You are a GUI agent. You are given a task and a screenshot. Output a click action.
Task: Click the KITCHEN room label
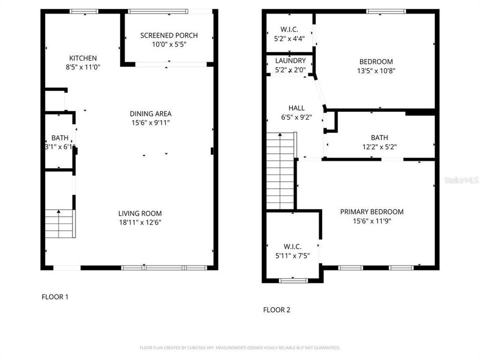tap(83, 58)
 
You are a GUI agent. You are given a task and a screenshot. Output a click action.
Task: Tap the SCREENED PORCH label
tap(168, 35)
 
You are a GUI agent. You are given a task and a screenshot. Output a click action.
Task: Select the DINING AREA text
tap(150, 113)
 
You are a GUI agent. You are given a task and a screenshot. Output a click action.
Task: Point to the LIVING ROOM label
tap(139, 213)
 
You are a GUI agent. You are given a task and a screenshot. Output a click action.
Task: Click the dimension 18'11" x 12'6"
tap(139, 222)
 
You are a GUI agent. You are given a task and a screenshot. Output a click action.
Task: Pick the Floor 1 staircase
tap(59, 224)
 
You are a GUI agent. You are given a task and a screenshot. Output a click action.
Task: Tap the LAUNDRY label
tap(290, 61)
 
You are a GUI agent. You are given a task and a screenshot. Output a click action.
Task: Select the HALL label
tap(296, 108)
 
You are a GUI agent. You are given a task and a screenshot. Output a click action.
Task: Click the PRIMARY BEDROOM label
tap(371, 211)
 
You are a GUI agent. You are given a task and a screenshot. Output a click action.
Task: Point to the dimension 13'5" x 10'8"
tap(376, 70)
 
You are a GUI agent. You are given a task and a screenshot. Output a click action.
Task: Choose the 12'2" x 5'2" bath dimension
tap(379, 146)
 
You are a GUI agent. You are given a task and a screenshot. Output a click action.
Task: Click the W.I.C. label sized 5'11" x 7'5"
tap(292, 246)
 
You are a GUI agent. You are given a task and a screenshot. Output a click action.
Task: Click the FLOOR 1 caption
tap(54, 297)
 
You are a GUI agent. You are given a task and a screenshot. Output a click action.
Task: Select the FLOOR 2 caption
tap(276, 310)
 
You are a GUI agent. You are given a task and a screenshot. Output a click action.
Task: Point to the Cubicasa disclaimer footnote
tap(240, 347)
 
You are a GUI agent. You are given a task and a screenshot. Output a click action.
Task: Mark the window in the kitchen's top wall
tap(84, 11)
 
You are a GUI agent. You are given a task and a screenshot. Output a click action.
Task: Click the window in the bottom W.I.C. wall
tap(293, 280)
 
